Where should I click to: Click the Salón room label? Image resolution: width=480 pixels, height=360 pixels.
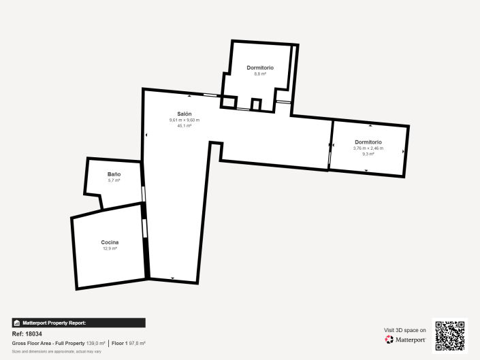(184, 114)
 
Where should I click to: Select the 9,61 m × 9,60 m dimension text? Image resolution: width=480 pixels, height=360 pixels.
(184, 120)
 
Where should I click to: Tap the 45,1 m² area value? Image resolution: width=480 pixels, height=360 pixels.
(184, 126)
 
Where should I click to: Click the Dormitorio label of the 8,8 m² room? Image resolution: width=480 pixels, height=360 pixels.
(260, 68)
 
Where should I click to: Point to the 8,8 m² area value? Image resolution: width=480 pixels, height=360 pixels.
(260, 74)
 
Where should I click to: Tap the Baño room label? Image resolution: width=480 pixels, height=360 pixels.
(114, 175)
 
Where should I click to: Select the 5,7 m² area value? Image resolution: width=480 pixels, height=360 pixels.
(114, 181)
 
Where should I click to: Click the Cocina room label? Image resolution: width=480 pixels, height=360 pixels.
(110, 243)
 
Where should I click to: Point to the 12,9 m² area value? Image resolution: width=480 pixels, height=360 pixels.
(110, 249)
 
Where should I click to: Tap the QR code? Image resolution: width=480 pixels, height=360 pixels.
(450, 336)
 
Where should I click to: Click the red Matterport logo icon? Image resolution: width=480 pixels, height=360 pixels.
(389, 339)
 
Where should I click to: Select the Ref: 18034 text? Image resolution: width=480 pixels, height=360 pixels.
(27, 334)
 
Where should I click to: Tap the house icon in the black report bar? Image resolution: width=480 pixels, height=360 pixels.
(16, 323)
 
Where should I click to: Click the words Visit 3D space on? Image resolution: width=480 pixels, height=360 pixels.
(405, 330)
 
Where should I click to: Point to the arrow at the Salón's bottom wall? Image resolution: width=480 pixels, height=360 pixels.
(173, 278)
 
